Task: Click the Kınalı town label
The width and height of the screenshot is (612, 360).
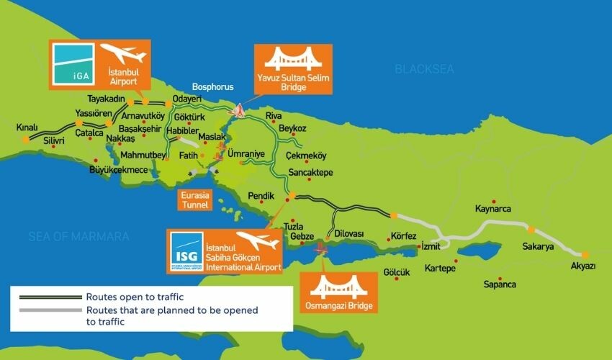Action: click(x=27, y=127)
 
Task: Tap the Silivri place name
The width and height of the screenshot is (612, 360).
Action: click(x=54, y=141)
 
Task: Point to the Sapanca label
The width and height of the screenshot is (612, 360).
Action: click(x=500, y=284)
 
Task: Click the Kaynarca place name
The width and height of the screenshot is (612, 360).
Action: click(x=493, y=210)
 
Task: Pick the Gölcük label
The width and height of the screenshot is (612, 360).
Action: click(x=397, y=272)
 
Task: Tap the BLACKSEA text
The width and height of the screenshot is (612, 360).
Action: click(x=423, y=69)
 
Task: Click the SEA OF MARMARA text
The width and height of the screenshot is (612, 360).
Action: click(x=79, y=236)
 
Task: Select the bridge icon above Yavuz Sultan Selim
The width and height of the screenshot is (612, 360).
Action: click(x=292, y=58)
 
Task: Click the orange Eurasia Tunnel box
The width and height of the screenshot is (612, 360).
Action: click(x=195, y=199)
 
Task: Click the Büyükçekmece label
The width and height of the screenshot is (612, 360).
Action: click(x=118, y=170)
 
